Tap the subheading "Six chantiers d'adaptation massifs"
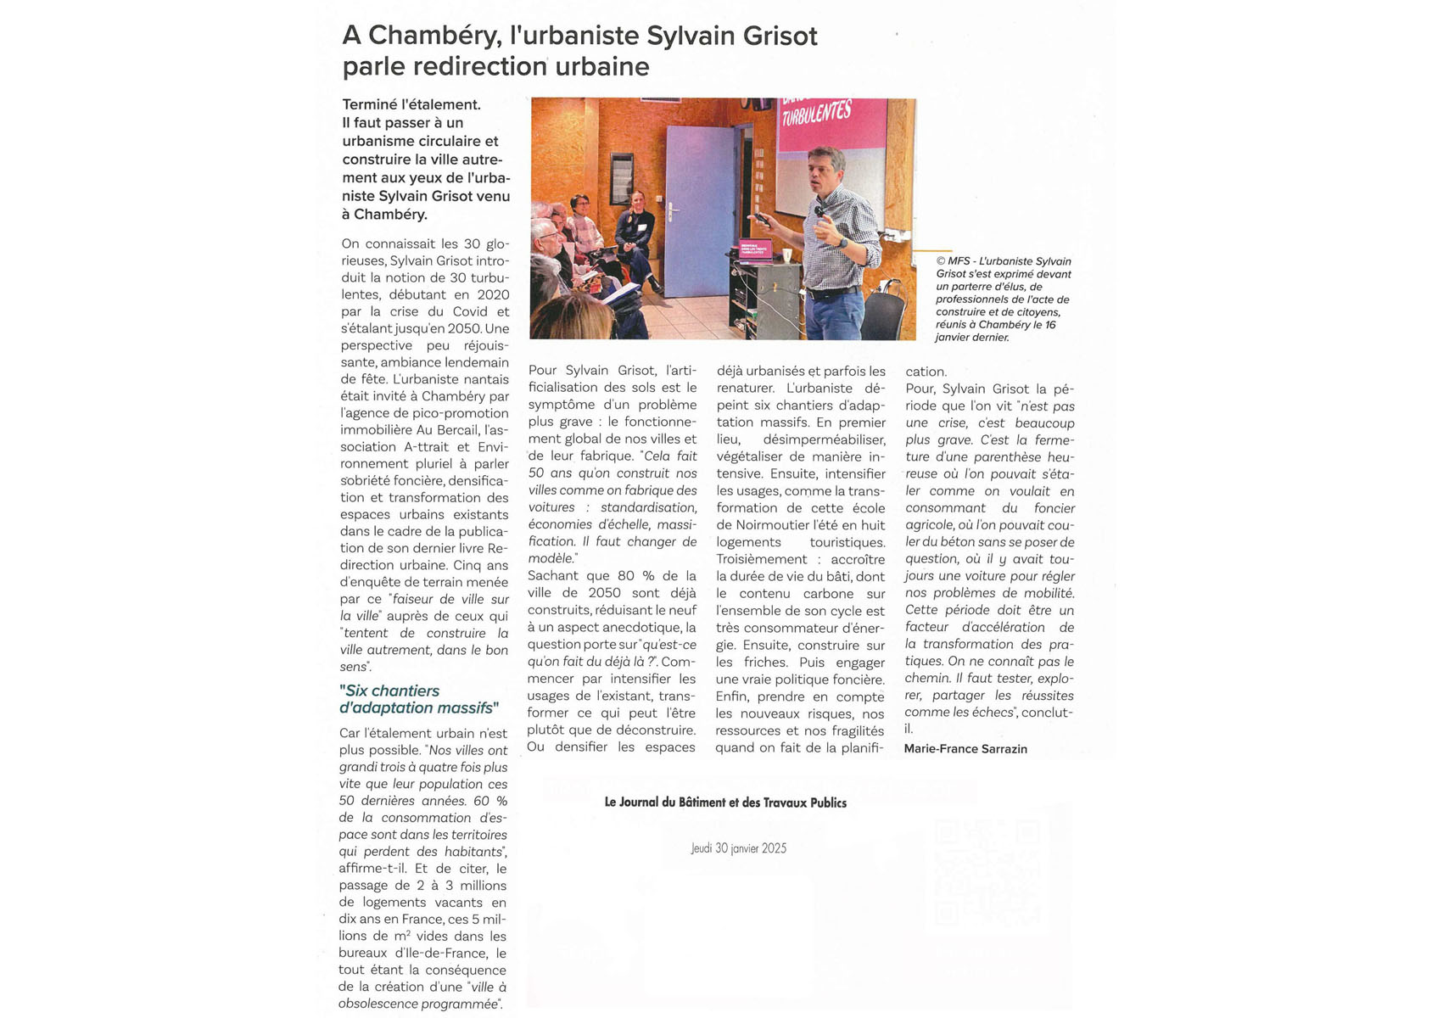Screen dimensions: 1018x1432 click(x=419, y=700)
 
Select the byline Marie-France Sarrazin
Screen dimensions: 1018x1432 click(x=965, y=749)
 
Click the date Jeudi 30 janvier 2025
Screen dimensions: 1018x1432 click(x=738, y=848)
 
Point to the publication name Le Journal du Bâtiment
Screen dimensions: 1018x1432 click(x=725, y=803)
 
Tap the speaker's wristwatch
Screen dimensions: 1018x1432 click(x=843, y=243)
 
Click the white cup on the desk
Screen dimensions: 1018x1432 click(x=787, y=255)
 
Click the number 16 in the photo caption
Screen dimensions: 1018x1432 click(x=1049, y=325)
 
